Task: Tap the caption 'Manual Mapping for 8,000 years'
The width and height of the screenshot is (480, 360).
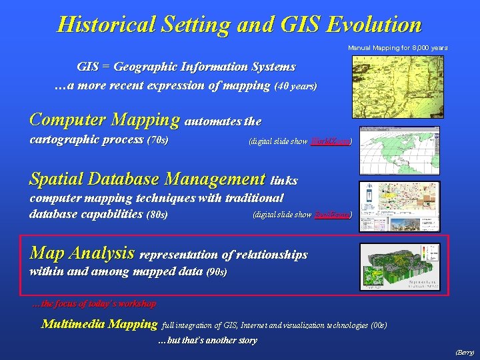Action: (x=398, y=48)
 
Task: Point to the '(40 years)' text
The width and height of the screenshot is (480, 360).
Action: (x=295, y=87)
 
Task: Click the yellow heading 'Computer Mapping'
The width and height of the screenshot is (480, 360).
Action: (x=105, y=120)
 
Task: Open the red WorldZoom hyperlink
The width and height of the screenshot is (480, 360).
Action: (x=330, y=141)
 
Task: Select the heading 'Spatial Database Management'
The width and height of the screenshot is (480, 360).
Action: (x=147, y=179)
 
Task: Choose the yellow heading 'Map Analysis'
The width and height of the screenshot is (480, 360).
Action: (x=83, y=253)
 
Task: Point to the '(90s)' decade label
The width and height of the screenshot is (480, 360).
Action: (x=217, y=272)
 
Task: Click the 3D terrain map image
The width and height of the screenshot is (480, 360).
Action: (x=400, y=266)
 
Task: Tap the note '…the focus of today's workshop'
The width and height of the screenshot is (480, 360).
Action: (x=94, y=304)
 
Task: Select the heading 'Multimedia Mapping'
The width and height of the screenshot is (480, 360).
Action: (x=99, y=325)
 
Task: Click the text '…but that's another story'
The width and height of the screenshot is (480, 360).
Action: (x=207, y=341)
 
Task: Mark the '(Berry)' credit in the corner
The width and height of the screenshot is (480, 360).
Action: (x=464, y=352)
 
